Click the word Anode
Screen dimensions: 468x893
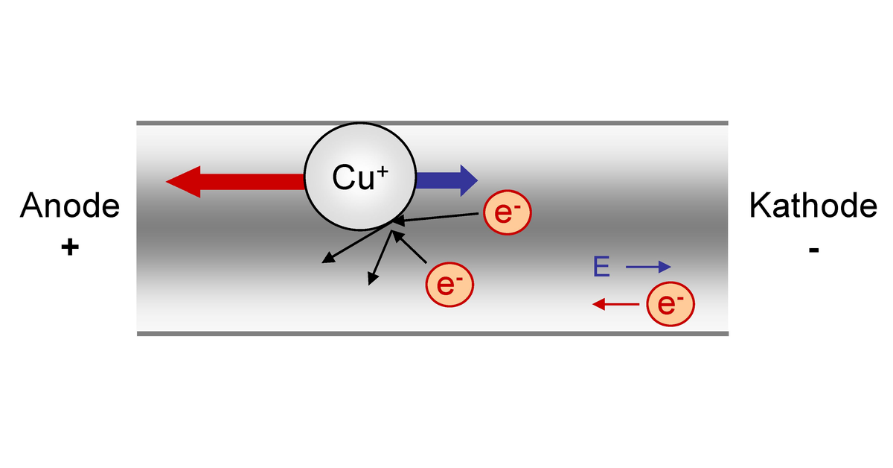tap(70, 206)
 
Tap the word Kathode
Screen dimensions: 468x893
tap(813, 206)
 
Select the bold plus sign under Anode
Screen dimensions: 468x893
tap(70, 247)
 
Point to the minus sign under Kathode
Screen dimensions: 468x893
tap(812, 248)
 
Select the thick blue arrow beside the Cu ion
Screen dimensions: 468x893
tap(446, 180)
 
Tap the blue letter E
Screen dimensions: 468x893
tap(602, 267)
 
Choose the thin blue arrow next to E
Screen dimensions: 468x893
tap(648, 267)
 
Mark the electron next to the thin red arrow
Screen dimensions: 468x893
tap(670, 304)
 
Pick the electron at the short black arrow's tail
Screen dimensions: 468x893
tap(449, 284)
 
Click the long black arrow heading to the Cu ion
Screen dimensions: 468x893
tap(439, 218)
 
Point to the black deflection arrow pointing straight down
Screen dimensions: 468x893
tap(380, 258)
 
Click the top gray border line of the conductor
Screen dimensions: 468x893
tap(432, 123)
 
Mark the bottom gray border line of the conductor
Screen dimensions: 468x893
tap(432, 333)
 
